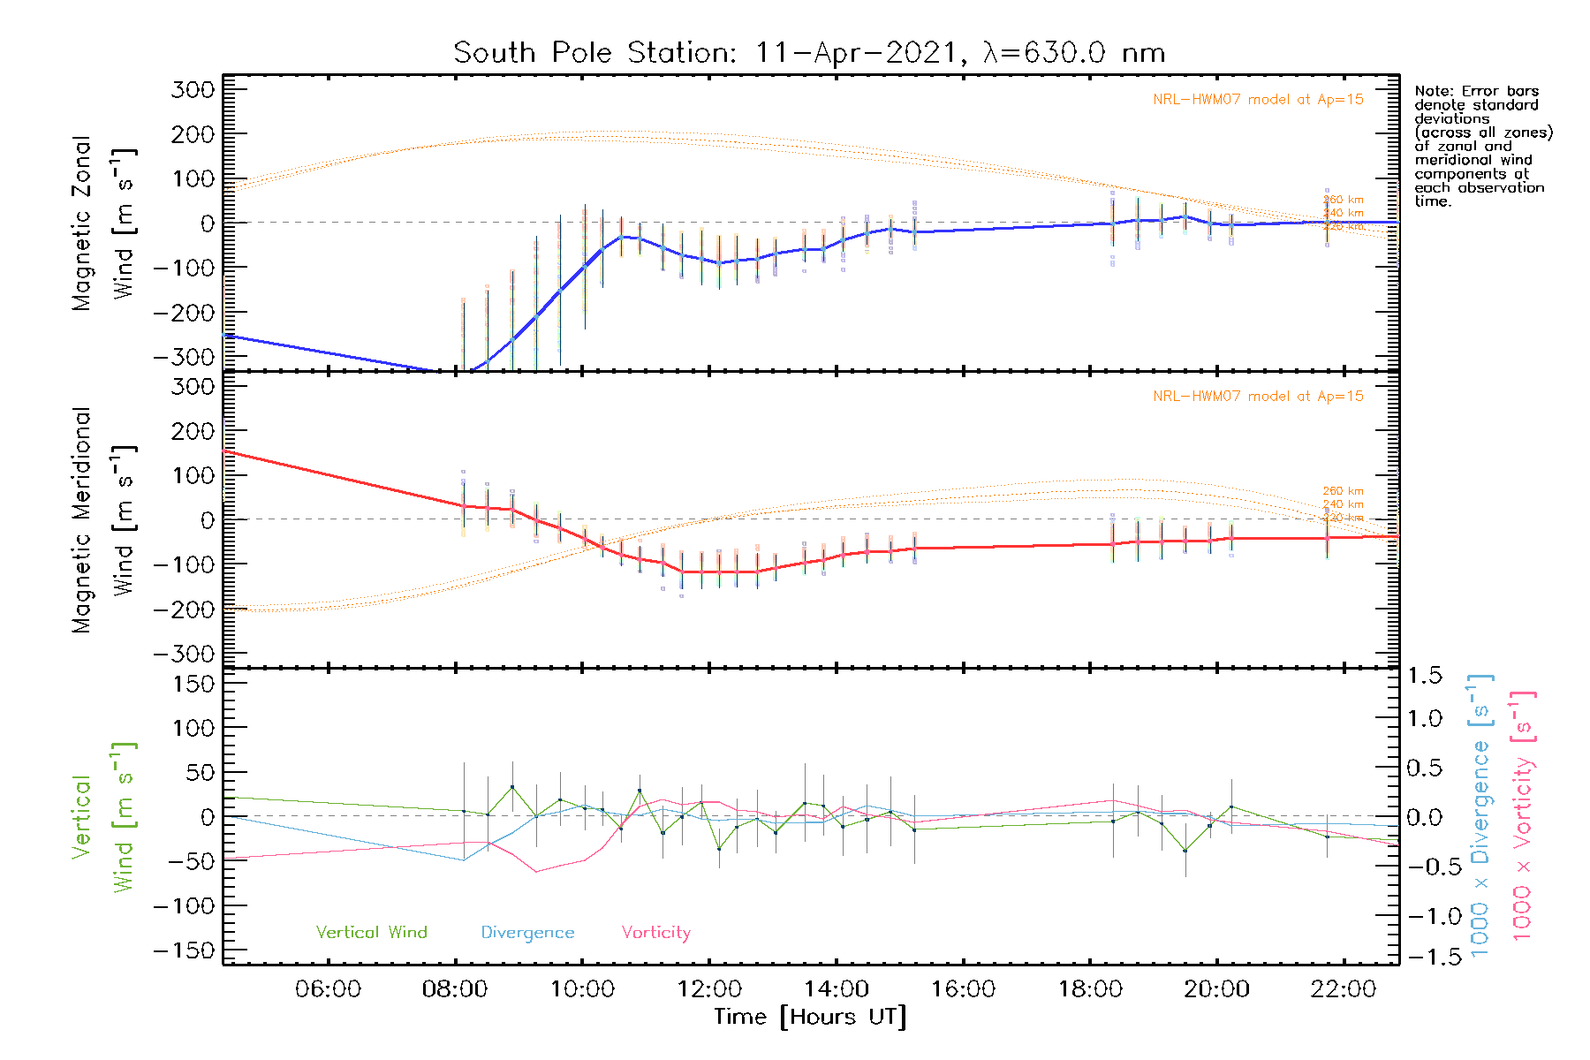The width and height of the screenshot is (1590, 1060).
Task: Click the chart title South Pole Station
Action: point(808,53)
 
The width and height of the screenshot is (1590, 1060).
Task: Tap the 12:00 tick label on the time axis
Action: point(709,989)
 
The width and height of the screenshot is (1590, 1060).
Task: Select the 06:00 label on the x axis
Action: point(328,989)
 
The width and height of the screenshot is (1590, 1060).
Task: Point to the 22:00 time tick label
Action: point(1343,989)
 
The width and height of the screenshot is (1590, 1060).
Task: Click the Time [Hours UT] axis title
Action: point(810,1017)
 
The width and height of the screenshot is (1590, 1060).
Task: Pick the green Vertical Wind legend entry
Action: point(371,933)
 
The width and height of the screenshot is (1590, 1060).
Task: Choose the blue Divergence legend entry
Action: point(527,933)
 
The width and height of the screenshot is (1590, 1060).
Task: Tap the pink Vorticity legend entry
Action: point(655,933)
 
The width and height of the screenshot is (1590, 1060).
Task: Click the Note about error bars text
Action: point(1482,146)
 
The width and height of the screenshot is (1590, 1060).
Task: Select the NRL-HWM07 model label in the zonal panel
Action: point(1258,100)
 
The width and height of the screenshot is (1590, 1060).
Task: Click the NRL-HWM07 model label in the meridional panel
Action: point(1258,397)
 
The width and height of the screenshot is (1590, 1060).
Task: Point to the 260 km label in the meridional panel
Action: point(1343,491)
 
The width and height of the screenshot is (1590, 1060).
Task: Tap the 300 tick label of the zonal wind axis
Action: point(193,89)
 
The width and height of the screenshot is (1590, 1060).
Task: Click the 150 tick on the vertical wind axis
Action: point(193,684)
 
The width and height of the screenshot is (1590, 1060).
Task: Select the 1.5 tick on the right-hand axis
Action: point(1425,676)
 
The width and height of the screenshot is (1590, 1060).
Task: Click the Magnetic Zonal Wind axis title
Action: point(102,223)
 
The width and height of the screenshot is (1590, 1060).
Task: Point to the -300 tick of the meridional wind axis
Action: point(184,654)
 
